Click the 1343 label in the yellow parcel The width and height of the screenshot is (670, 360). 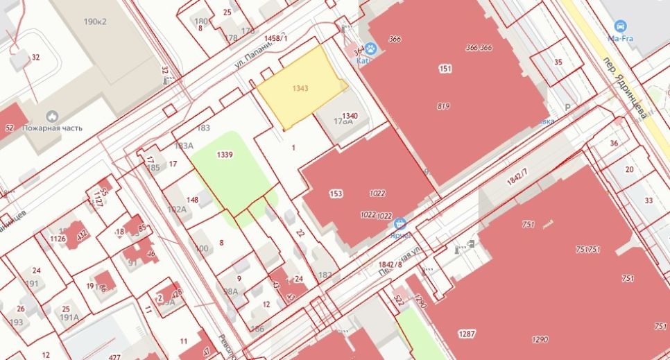pos(300,89)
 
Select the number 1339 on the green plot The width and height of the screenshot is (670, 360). pos(223,154)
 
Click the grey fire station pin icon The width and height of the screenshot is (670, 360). pos(51,116)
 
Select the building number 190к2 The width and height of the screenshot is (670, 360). pos(96,22)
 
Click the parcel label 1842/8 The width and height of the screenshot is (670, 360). pos(391,264)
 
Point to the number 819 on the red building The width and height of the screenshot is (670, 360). pos(444,106)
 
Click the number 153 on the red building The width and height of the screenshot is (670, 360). pos(336,194)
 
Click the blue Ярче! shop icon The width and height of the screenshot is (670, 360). pos(400,223)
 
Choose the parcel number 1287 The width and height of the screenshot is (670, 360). pos(467,334)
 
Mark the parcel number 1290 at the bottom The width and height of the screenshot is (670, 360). pos(540,339)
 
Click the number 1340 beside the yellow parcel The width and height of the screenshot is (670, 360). pos(350,116)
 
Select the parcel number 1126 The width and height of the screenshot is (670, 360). pos(58,239)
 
